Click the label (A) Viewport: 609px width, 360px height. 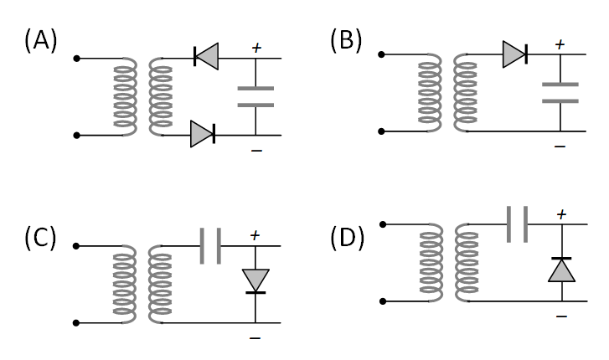point(41,40)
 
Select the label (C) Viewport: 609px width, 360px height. point(40,237)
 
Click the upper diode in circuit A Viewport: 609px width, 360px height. point(205,57)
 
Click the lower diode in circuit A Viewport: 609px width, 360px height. point(203,134)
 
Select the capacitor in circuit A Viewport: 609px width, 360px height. point(255,96)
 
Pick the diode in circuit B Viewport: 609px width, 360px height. point(514,55)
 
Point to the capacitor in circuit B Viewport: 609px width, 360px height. point(560,92)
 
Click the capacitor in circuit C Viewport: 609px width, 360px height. point(209,247)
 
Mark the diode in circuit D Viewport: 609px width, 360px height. point(560,269)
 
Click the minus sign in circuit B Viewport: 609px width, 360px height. point(560,146)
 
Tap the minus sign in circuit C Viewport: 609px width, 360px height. point(255,338)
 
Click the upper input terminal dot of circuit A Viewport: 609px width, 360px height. point(77,58)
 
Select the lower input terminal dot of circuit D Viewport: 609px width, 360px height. point(383,301)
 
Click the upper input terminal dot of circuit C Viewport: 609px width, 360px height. point(77,246)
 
